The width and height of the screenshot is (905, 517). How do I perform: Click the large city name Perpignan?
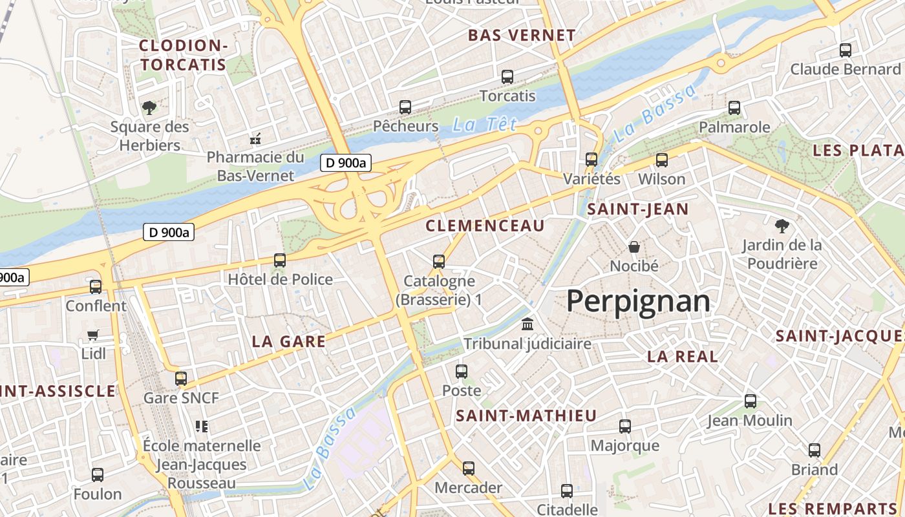[638, 302]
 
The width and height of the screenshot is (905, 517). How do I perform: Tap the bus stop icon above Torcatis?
[507, 77]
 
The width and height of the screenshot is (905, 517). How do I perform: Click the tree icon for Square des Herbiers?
[149, 107]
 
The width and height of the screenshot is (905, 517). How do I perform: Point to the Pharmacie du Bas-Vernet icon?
[255, 138]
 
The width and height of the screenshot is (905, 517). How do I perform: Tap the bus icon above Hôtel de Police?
[280, 260]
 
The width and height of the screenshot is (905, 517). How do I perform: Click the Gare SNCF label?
[181, 397]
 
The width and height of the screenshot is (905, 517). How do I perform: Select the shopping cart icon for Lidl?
[93, 335]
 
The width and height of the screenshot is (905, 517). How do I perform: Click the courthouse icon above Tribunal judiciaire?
[527, 324]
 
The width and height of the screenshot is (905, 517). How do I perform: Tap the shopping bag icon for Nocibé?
[634, 247]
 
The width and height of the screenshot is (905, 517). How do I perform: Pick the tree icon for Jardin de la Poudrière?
[782, 226]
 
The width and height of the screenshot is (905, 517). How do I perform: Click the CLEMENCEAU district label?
[485, 226]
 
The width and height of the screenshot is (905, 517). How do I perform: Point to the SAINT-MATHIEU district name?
[526, 416]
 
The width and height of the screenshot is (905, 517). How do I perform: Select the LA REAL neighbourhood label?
[683, 356]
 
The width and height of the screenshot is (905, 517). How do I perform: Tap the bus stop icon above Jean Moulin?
[750, 401]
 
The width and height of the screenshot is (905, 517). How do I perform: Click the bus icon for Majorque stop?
[625, 427]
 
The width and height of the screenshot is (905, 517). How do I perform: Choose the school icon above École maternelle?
[202, 427]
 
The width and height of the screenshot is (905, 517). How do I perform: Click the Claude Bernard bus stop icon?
[845, 50]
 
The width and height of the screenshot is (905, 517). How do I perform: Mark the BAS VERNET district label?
[522, 35]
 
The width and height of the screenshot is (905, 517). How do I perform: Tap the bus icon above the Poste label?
[462, 372]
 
